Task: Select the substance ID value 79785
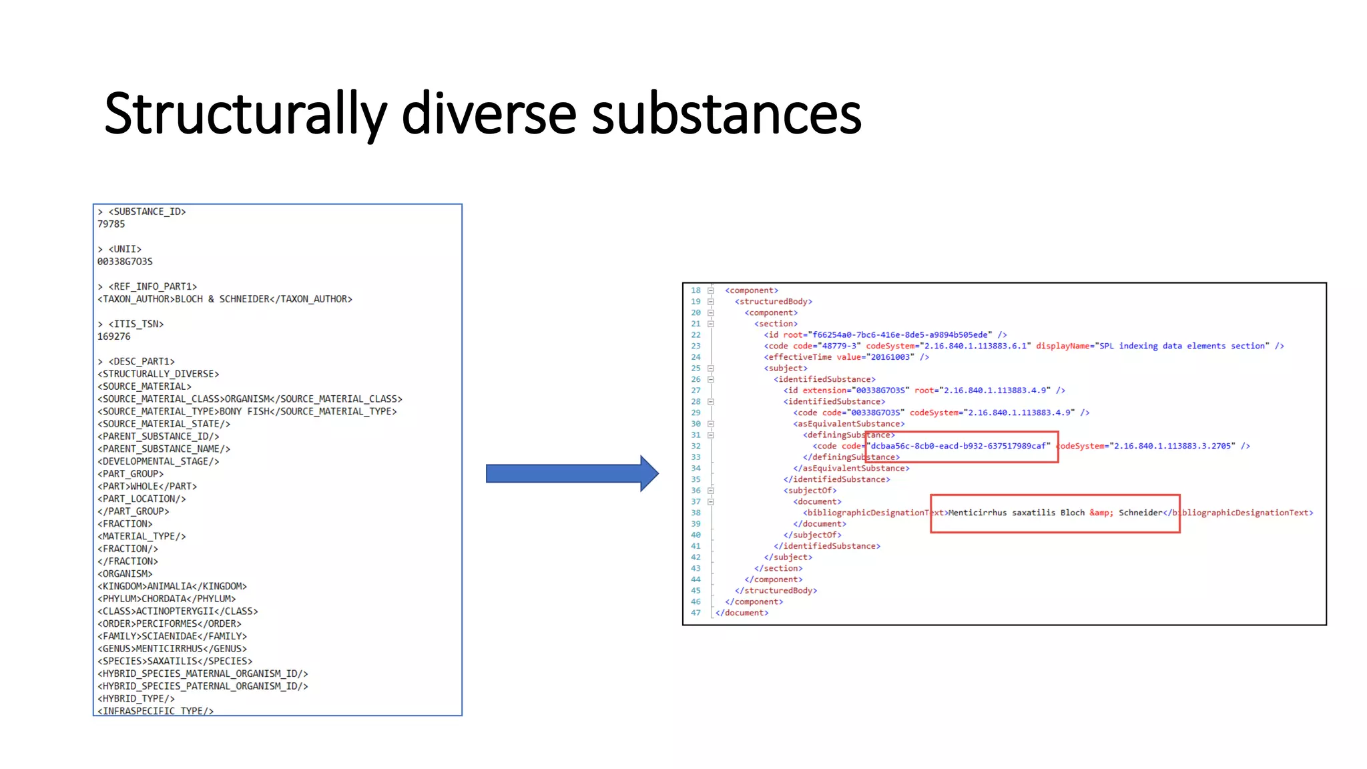(111, 224)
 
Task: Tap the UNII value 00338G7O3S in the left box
(125, 262)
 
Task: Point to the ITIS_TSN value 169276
(113, 336)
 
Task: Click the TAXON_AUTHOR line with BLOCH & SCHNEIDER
(225, 299)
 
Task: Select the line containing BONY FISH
(247, 411)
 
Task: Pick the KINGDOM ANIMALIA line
(172, 586)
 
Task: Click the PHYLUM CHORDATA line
(167, 599)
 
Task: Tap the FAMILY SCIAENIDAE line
(172, 636)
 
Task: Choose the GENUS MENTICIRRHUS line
(172, 649)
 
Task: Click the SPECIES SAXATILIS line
(175, 661)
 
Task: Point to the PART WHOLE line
(147, 486)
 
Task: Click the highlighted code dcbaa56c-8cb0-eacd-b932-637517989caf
(959, 446)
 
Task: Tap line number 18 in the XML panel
(696, 290)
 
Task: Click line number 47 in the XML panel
(696, 613)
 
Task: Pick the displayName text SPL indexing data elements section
(1181, 346)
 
